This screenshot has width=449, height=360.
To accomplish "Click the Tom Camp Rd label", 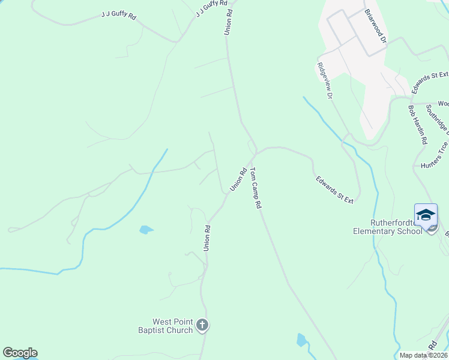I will click(256, 188).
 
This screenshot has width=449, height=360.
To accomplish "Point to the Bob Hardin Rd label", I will click(417, 125).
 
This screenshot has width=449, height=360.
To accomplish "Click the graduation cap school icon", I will click(426, 215).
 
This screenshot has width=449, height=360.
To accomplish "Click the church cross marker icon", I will click(202, 326).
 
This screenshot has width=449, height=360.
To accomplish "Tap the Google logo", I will click(20, 353).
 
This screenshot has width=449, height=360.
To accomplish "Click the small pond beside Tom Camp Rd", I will click(301, 340).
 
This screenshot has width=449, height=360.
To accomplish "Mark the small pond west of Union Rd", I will click(146, 229).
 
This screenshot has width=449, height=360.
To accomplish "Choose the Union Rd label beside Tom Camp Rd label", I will click(239, 179).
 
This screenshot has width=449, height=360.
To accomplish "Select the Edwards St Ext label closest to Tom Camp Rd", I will click(334, 189).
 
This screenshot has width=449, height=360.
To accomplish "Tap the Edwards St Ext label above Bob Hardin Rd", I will click(428, 82).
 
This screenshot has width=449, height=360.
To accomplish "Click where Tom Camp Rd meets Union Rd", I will click(256, 151).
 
